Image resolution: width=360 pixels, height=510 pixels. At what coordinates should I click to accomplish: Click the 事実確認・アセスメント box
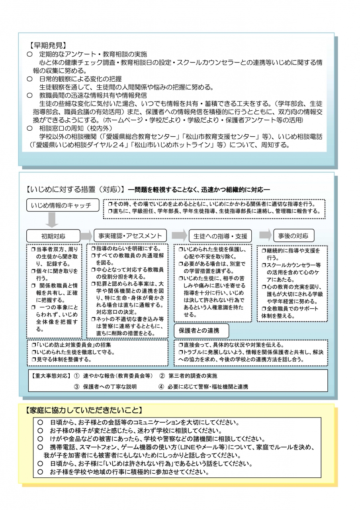[127, 235]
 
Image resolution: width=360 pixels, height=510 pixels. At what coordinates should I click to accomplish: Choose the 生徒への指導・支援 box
[220, 235]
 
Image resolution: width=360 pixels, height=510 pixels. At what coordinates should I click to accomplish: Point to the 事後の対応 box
[293, 235]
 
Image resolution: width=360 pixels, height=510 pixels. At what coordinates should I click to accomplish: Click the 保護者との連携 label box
[202, 331]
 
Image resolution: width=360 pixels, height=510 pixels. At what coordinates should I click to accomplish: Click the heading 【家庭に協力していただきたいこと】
[83, 410]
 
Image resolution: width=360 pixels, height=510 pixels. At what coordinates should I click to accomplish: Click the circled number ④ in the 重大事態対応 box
[161, 386]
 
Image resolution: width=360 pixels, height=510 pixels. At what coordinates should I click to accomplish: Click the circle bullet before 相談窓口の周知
[29, 128]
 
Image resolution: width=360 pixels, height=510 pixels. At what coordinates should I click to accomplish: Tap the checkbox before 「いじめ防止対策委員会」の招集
[33, 345]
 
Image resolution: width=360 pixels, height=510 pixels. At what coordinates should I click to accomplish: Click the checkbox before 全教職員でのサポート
[264, 309]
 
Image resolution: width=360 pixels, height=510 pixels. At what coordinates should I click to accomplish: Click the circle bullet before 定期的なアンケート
[29, 54]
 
